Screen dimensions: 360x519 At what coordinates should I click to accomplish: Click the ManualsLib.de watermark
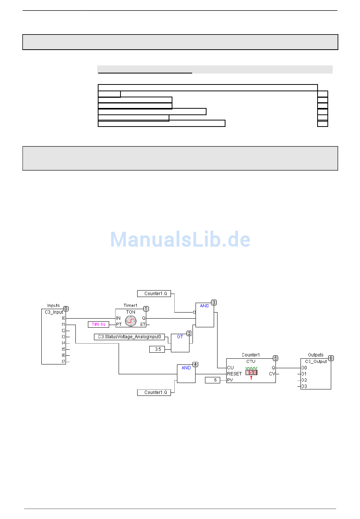[180, 239]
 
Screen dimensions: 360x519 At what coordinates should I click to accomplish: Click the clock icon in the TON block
[131, 321]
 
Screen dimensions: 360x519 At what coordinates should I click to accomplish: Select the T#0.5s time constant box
[99, 324]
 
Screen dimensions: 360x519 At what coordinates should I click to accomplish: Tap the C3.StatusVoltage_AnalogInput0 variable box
[129, 337]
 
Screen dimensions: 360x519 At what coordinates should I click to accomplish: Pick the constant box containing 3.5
[158, 349]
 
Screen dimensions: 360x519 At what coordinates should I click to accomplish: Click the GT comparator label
[180, 337]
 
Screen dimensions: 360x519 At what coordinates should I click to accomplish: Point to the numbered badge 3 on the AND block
[214, 303]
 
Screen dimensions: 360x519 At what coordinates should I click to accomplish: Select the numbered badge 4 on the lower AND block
[195, 364]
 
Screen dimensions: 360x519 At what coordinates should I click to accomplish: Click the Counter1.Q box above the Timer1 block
[155, 294]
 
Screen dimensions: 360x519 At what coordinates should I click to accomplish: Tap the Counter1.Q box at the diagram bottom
[155, 392]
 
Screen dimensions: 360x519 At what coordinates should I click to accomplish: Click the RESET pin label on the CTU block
[234, 374]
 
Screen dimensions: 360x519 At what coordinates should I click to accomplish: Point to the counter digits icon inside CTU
[251, 372]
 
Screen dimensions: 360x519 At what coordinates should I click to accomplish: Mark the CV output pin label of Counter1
[272, 374]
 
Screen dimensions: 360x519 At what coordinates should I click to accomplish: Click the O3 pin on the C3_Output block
[304, 386]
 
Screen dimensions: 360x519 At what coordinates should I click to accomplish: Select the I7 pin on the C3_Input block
[63, 361]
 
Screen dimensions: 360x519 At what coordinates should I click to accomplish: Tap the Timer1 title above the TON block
[130, 305]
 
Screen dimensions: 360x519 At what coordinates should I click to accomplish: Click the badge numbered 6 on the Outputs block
[331, 358]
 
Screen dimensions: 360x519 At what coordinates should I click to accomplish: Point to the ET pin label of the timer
[142, 324]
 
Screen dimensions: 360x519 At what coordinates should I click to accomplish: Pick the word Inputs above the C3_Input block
[53, 305]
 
